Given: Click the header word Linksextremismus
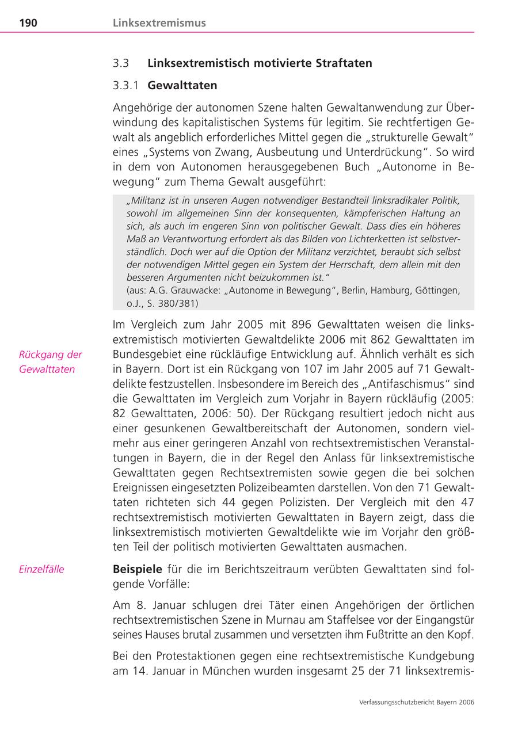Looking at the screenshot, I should [159, 23].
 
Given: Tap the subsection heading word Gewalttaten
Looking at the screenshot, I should [182, 86].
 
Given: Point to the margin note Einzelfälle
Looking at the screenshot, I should [41, 570].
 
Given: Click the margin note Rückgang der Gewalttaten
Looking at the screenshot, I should [50, 362].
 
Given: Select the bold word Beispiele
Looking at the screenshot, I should [138, 569].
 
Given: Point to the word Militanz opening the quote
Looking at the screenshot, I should [146, 201].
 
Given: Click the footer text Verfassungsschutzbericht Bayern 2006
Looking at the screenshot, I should [416, 702].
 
